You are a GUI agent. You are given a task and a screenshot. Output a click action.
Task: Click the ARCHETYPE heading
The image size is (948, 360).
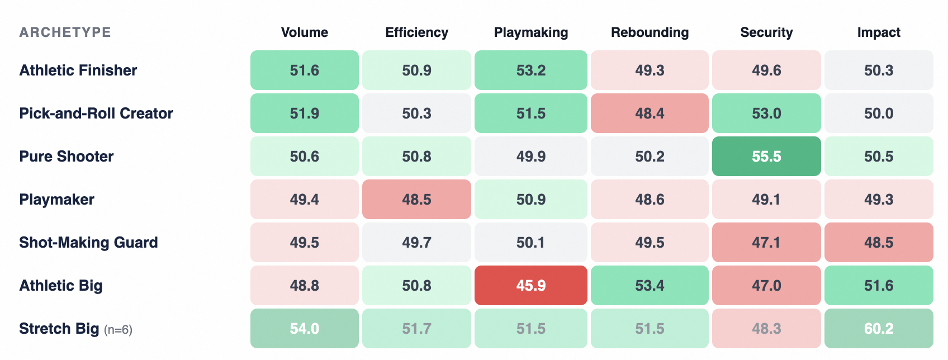tap(65, 32)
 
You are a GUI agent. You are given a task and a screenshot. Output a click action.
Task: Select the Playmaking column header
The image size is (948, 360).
tap(530, 32)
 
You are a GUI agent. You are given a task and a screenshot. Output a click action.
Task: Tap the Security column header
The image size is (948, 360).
tap(766, 32)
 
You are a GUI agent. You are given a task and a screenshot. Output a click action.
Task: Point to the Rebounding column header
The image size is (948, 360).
tap(650, 32)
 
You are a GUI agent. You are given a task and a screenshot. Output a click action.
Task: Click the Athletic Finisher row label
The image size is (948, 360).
tap(78, 70)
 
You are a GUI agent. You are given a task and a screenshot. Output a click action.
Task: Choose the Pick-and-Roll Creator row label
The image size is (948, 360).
tap(96, 113)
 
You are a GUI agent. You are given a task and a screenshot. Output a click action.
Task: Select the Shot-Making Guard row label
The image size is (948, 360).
tap(88, 243)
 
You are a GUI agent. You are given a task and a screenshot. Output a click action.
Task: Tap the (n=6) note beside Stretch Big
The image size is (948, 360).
tap(118, 330)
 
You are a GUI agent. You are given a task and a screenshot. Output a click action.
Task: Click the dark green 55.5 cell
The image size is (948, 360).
tap(766, 156)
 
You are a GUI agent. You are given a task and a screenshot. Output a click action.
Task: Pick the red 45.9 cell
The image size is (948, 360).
tap(530, 286)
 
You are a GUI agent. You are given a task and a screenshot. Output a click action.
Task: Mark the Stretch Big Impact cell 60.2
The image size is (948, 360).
tap(879, 328)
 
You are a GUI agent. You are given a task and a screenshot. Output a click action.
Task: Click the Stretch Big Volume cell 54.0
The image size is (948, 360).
tap(304, 328)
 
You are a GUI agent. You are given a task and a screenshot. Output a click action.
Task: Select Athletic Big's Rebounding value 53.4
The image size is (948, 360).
tap(650, 286)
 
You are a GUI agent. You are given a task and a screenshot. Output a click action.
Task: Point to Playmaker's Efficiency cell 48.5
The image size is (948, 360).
tap(416, 199)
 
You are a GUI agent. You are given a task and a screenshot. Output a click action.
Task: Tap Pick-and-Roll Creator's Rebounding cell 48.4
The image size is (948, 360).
tap(650, 113)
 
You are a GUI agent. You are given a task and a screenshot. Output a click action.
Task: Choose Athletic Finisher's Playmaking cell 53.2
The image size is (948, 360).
tap(530, 70)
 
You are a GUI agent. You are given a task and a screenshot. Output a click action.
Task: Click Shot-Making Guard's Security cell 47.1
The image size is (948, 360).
tap(766, 243)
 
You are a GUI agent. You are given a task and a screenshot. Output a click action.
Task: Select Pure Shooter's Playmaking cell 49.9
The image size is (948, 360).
tap(530, 156)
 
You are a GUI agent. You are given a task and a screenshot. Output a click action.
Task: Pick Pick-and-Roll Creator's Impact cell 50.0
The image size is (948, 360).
tap(879, 113)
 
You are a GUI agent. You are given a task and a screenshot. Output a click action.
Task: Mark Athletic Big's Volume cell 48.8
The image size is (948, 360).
tap(304, 286)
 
